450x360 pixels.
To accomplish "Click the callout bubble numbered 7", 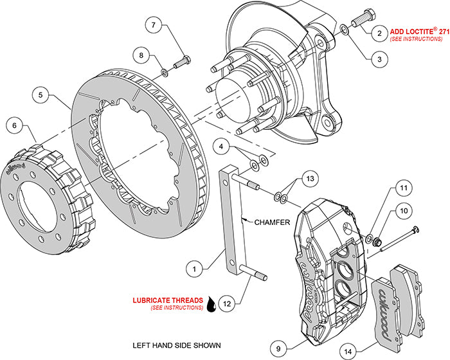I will (153, 26).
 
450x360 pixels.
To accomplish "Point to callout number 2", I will (379, 32).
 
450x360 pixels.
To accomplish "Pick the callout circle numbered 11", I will (403, 189).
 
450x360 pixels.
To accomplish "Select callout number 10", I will (403, 211).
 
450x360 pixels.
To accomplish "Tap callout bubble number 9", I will (277, 349).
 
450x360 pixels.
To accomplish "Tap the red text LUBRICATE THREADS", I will (168, 300).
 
